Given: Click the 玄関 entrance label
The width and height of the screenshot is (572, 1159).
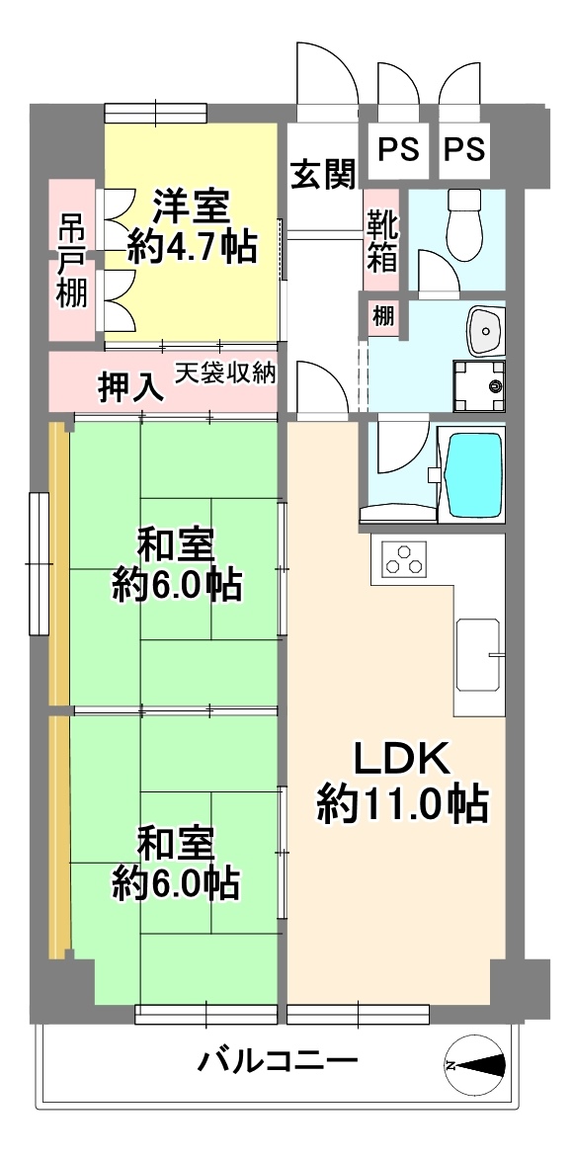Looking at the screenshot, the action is (x=322, y=175).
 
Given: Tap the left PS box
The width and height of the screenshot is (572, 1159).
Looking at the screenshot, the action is (x=398, y=149).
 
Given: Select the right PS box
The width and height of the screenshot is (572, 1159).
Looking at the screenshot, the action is (x=465, y=149).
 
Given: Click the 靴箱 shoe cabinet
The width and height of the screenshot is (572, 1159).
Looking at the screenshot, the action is (x=381, y=239).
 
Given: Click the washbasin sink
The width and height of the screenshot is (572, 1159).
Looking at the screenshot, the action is (x=485, y=330).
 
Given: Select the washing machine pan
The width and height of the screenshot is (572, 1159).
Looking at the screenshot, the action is (x=479, y=385).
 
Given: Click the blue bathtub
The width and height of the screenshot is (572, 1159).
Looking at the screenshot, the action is (x=475, y=475).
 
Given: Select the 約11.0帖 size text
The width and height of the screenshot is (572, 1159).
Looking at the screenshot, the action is (x=403, y=804).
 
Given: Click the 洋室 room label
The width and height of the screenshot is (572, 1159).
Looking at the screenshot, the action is (x=192, y=207).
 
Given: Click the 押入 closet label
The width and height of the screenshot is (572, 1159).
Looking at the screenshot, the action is (x=130, y=387).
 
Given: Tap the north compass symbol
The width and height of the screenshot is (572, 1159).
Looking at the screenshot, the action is (x=475, y=1065).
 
